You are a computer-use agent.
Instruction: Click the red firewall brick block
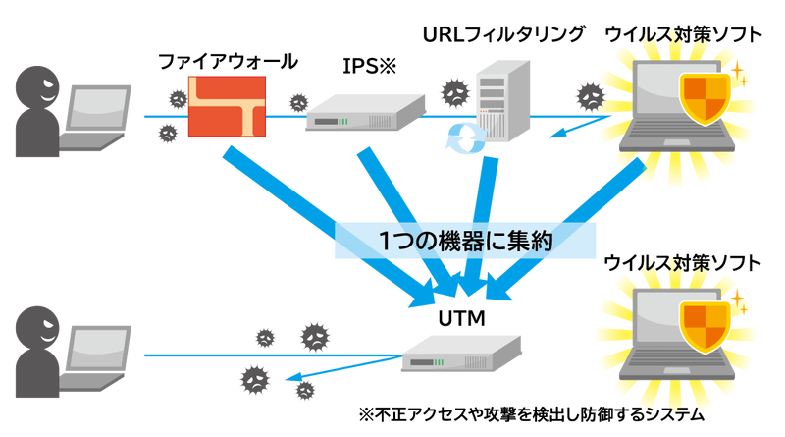pos(227,106)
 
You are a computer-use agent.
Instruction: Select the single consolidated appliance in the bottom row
pos(461,352)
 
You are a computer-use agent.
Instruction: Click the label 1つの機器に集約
pos(465,242)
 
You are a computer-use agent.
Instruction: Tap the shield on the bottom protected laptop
pos(706,325)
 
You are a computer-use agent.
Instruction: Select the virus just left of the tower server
pos(453,93)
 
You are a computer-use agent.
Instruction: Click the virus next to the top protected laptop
pos(590,96)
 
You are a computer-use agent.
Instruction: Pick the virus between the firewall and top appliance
pos(297,102)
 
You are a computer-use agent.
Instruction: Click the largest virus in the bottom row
pos(314,336)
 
